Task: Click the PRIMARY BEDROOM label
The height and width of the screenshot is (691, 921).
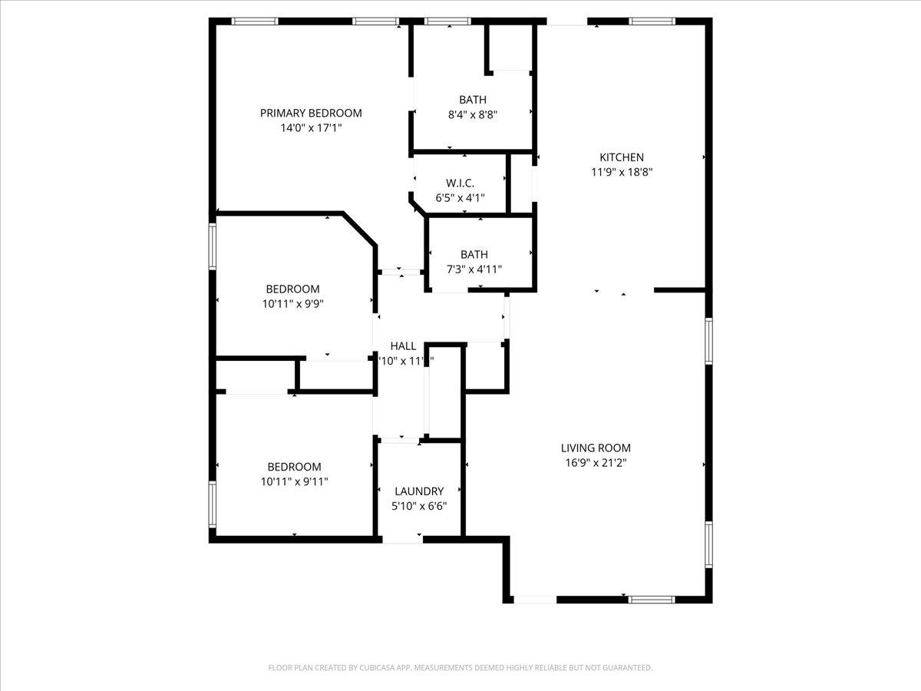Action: (311, 113)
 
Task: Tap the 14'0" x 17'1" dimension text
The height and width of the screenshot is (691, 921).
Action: (311, 128)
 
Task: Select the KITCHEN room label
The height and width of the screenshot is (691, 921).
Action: (622, 157)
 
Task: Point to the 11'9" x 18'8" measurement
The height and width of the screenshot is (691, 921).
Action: (622, 173)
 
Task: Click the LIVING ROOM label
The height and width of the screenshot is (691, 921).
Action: (596, 448)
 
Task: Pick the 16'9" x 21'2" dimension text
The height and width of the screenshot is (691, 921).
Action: (596, 463)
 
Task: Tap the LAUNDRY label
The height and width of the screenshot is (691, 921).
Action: (419, 491)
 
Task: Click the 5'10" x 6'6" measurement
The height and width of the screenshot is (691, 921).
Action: (419, 507)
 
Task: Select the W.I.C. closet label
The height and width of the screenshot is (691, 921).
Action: (460, 183)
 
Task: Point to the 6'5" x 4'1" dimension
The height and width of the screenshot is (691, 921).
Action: (460, 198)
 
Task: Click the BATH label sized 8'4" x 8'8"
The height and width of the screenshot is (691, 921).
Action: (473, 100)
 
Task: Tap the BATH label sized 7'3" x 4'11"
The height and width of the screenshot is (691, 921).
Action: (474, 254)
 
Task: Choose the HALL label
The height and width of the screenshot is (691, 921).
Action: (403, 346)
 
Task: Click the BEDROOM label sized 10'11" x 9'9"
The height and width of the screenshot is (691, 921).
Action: (292, 289)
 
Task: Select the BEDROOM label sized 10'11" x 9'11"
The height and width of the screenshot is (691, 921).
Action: (294, 467)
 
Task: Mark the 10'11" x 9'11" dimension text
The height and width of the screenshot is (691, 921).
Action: (294, 482)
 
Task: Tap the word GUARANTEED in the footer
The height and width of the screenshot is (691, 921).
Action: (625, 668)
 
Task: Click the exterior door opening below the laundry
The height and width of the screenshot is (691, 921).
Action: (403, 540)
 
